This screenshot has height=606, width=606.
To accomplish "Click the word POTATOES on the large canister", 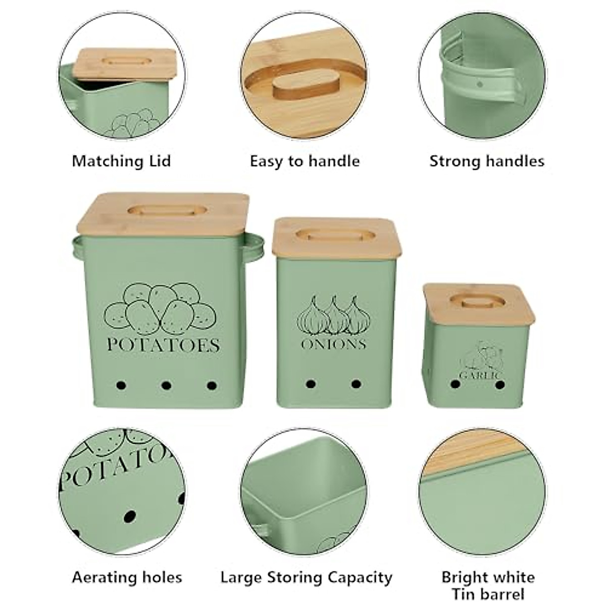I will (163, 345).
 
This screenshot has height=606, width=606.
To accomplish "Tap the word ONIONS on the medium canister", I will (333, 344).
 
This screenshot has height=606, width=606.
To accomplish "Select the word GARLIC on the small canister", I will (480, 375).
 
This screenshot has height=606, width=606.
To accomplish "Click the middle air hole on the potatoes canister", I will (166, 386).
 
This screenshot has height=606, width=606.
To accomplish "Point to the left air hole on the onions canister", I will (311, 384).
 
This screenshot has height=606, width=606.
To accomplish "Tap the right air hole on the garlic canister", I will (500, 385).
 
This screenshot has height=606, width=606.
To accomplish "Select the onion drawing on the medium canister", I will (333, 316).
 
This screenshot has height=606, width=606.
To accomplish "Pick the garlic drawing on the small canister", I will (480, 357).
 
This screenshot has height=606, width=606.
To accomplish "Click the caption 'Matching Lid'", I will (121, 162).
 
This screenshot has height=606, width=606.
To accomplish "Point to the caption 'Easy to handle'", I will (305, 162).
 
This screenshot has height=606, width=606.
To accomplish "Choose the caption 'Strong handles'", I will (487, 162).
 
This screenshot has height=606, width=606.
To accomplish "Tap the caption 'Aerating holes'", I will (127, 577).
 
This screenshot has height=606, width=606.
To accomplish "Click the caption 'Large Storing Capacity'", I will (306, 577).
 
